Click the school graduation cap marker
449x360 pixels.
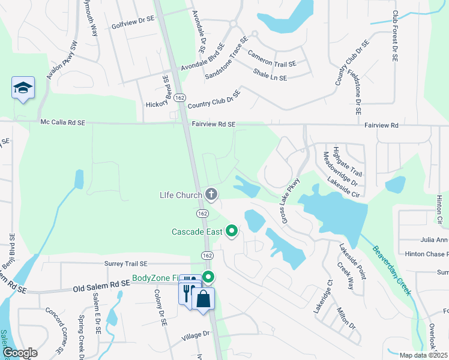23,88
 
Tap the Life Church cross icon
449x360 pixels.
211,194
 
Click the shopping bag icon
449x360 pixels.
204,298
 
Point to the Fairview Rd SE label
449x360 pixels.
214,125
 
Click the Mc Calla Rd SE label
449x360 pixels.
63,122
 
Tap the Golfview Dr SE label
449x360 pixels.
133,27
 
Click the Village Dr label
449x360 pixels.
197,334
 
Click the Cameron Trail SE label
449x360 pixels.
272,59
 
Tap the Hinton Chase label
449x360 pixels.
427,254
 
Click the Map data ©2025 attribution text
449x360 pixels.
423,355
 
